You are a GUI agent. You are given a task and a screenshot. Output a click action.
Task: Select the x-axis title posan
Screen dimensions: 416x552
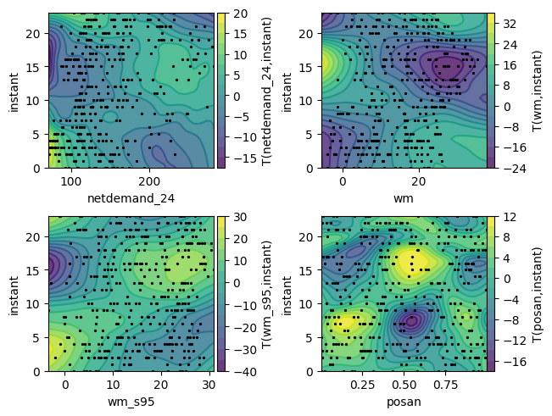point(404,402)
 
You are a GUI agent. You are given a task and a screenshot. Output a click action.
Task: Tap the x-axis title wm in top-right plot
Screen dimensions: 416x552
point(404,199)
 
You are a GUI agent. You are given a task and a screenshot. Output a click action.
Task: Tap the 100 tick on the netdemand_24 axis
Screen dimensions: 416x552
point(71,181)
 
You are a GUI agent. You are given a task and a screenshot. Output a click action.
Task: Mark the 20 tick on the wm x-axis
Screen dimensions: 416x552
point(417,181)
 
